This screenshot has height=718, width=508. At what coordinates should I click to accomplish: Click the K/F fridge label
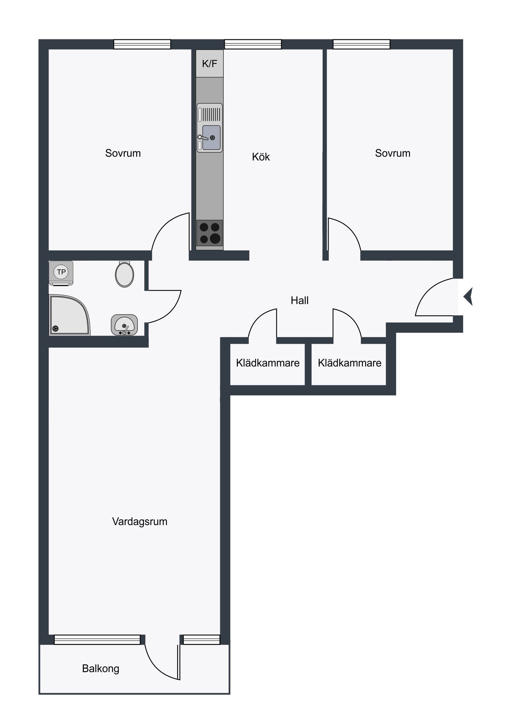tap(209, 64)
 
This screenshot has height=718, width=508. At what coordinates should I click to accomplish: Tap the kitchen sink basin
tap(211, 138)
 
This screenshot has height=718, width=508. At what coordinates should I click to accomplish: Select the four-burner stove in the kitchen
tap(209, 233)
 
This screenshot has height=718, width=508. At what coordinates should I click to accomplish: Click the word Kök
tap(261, 157)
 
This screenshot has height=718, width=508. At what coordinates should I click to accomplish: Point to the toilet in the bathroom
tap(125, 274)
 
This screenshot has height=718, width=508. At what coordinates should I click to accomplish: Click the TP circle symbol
tap(61, 272)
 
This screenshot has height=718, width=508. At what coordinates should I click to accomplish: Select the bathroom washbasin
tap(124, 325)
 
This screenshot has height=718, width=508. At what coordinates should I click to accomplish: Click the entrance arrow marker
tap(468, 297)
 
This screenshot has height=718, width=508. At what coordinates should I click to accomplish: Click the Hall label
tap(300, 301)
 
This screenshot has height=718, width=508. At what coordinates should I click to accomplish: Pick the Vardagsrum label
tap(140, 522)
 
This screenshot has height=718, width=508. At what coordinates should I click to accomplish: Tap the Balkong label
tap(101, 669)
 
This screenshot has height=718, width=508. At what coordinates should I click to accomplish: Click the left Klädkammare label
tap(268, 363)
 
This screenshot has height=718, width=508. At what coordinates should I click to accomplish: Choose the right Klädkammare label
tap(350, 363)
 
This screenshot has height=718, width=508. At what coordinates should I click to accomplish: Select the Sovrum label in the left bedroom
tap(123, 153)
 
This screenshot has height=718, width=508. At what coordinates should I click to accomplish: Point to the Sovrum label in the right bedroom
tap(393, 153)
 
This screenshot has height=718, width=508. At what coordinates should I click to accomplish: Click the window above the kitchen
tap(253, 44)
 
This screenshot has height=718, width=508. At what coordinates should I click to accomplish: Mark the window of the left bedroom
tap(142, 44)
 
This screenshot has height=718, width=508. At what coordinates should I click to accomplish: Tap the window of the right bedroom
tap(361, 44)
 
